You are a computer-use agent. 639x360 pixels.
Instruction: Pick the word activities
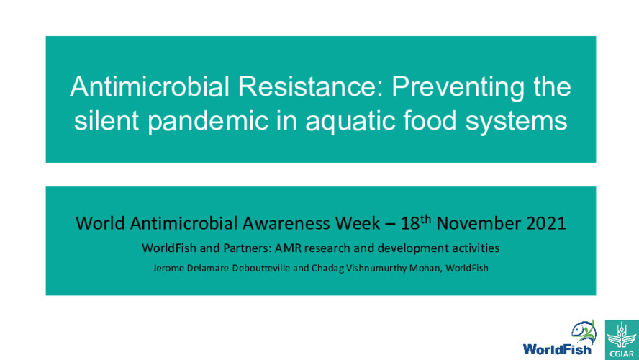(466, 248)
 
